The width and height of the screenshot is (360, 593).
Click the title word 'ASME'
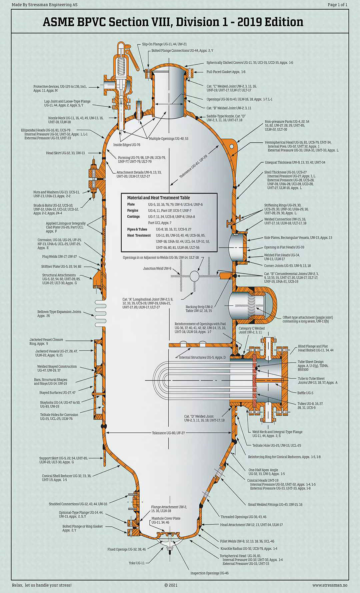(x=58, y=22)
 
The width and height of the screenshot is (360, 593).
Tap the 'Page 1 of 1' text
(x=337, y=5)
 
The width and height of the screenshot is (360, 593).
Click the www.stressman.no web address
(x=330, y=585)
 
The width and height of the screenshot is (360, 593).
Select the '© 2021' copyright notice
(x=171, y=585)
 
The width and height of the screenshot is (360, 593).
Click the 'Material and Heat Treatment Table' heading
(x=158, y=198)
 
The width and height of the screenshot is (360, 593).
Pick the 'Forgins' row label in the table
(x=132, y=211)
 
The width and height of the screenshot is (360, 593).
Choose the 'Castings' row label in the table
(x=133, y=217)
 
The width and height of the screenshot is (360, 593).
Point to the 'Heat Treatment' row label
(x=139, y=235)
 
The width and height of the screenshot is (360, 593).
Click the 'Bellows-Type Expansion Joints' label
(x=59, y=312)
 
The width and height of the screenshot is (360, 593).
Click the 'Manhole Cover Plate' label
(x=166, y=518)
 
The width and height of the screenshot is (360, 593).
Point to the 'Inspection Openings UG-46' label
(x=209, y=573)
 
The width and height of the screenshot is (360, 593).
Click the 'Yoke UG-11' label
(x=137, y=563)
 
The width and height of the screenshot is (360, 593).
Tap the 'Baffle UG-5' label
(x=305, y=393)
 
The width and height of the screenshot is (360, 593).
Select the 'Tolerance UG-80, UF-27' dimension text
(x=168, y=433)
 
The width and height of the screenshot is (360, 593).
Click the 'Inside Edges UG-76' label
(x=127, y=145)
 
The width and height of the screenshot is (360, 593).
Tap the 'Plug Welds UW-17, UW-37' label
(x=59, y=257)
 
